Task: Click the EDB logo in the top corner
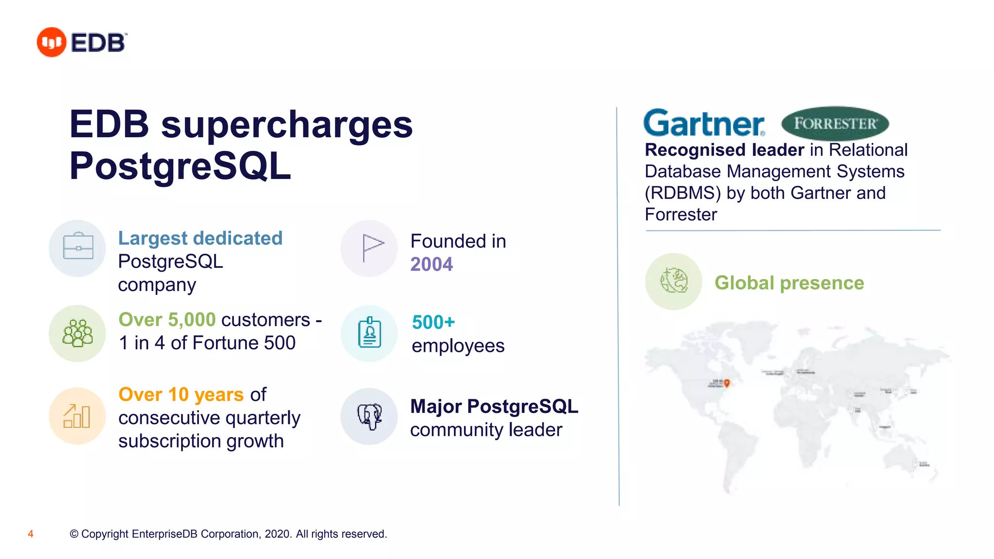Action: [82, 42]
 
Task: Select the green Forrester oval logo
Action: [835, 123]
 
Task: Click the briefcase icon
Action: [78, 248]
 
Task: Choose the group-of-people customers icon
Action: [78, 333]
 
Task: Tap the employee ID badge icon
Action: [370, 333]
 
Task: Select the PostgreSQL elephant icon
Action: [370, 416]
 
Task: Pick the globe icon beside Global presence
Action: [674, 281]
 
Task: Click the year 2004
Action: [431, 264]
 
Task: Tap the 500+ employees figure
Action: [433, 322]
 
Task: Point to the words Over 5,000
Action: [167, 320]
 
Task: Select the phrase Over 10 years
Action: [181, 395]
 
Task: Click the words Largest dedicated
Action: [200, 238]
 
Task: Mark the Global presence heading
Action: [789, 283]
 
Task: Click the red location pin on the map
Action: [727, 383]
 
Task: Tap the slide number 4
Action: [31, 534]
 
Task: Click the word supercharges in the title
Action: [287, 125]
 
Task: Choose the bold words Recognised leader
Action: [724, 150]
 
